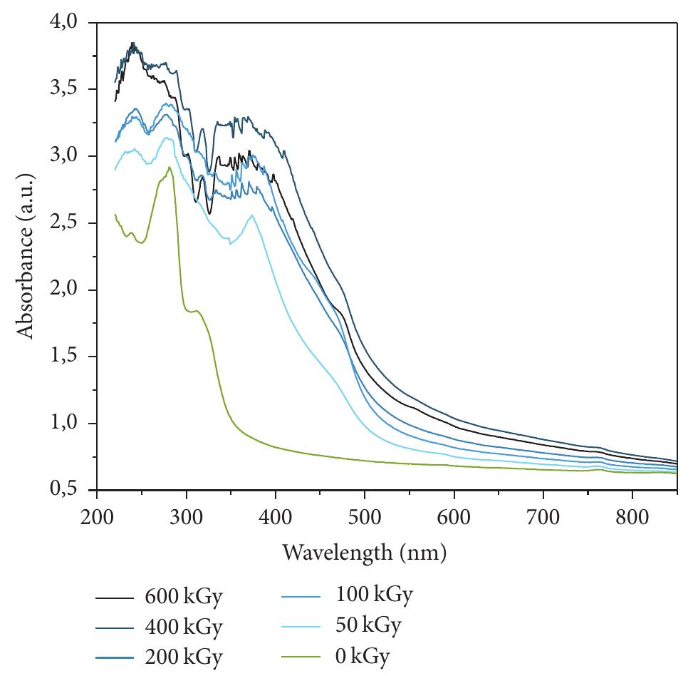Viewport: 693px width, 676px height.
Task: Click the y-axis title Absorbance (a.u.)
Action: click(26, 257)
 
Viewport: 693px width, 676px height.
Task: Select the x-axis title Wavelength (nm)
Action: click(364, 552)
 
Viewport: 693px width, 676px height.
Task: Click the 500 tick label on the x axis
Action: click(364, 517)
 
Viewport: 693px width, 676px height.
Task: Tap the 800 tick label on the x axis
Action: click(632, 517)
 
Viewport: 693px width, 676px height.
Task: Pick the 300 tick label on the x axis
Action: click(186, 517)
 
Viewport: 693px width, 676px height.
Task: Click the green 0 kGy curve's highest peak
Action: click(169, 168)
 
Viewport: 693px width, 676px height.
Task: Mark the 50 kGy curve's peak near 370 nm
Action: click(251, 215)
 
